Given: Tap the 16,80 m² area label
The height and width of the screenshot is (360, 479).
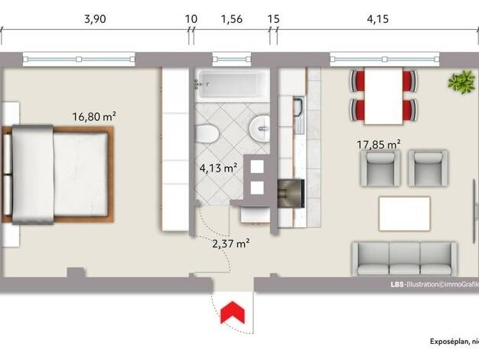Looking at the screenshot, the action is tap(94, 116).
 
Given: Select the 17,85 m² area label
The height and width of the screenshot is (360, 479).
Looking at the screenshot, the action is tap(379, 144).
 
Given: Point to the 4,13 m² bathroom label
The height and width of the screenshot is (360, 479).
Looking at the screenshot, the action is tap(219, 168).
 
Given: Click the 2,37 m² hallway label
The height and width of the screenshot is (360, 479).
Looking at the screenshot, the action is tap(231, 244).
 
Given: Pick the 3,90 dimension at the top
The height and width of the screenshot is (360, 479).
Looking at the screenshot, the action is tap(95, 19).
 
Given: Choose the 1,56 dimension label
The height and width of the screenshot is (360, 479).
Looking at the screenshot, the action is tap(232, 19).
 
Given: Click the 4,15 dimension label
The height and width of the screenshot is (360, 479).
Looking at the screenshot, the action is tap(378, 19).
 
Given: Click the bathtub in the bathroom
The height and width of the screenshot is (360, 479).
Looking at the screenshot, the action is tap(232, 85).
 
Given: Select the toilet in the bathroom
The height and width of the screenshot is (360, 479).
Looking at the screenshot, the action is tap(207, 134).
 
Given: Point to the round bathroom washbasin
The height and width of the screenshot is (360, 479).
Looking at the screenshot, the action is tap(259, 129).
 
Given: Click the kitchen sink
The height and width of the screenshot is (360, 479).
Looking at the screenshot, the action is tap(299, 115).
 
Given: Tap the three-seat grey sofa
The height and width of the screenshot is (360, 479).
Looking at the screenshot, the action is tap(405, 259).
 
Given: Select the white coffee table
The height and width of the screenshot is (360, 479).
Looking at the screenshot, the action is tap(405, 214).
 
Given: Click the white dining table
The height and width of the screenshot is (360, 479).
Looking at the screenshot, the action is tap(383, 96).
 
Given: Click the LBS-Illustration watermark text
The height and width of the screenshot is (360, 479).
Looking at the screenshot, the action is tap(435, 284).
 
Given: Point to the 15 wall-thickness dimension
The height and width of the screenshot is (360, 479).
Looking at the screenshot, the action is tap(273, 19).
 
